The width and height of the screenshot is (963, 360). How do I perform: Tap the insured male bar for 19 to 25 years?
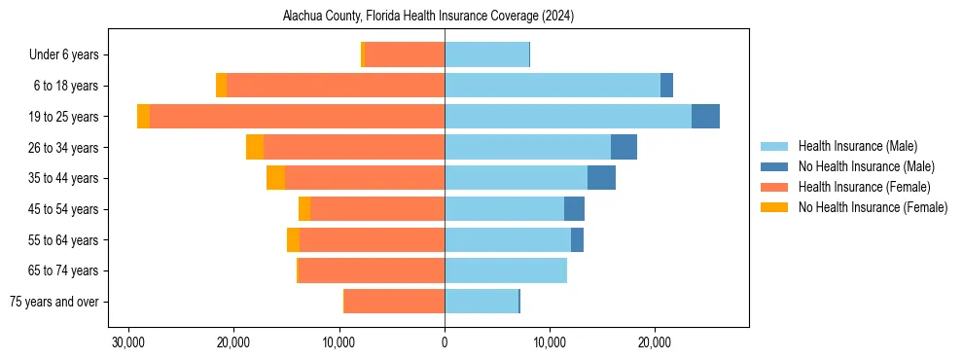coord(568,117)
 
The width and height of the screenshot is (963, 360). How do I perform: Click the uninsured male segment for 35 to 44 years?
coord(601,178)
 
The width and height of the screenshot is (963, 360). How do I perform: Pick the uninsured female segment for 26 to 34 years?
coord(255,147)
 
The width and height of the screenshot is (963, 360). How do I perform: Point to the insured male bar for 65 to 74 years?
coord(506,270)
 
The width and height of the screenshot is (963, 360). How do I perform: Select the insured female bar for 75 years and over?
coord(394,302)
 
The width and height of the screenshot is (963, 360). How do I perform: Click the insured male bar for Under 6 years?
coord(486,54)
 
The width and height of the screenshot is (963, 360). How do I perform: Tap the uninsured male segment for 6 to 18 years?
coord(666,86)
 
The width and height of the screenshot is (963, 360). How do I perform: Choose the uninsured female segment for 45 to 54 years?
coord(304,209)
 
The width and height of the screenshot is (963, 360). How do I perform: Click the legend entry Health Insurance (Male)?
coord(857,146)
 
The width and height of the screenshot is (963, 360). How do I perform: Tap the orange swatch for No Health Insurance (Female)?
coord(774,207)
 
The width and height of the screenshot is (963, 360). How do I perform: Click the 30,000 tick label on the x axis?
coord(128,342)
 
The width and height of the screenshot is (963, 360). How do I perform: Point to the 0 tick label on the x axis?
coord(445,342)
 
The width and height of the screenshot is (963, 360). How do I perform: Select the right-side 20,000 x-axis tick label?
coord(655,342)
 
